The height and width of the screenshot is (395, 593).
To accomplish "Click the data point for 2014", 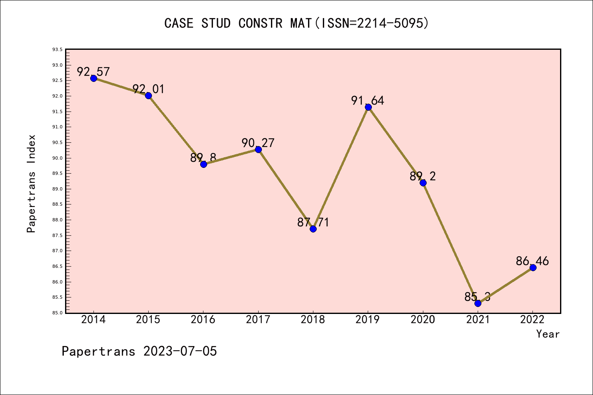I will [93, 78].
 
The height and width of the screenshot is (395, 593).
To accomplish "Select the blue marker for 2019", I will [368, 107].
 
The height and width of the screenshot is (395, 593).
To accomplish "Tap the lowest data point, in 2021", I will [478, 303].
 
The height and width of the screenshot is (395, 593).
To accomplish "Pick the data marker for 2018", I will [313, 229].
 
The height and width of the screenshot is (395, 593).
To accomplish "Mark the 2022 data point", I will [533, 267].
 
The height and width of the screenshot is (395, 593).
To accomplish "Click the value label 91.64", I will [367, 100].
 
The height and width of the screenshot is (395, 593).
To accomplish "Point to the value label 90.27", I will [258, 143].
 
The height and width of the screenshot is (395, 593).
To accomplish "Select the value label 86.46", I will [532, 261].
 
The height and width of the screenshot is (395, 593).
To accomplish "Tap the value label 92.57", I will [93, 72].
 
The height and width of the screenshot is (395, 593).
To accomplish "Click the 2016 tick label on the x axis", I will [203, 320].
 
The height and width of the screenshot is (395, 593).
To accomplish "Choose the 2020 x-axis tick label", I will [423, 320].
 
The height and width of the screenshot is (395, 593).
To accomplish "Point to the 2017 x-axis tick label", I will [258, 320].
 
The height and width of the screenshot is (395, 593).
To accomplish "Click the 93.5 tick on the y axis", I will [57, 50].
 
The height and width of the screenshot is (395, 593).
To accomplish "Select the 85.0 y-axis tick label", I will [57, 313].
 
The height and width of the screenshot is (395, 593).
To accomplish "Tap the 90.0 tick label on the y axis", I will [57, 158].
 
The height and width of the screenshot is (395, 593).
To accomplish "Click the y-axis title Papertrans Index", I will [31, 184].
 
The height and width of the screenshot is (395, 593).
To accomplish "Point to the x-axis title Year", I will [548, 334].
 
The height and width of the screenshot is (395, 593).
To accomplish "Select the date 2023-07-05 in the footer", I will [180, 351].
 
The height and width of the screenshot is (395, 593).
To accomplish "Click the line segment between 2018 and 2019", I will [341, 168].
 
